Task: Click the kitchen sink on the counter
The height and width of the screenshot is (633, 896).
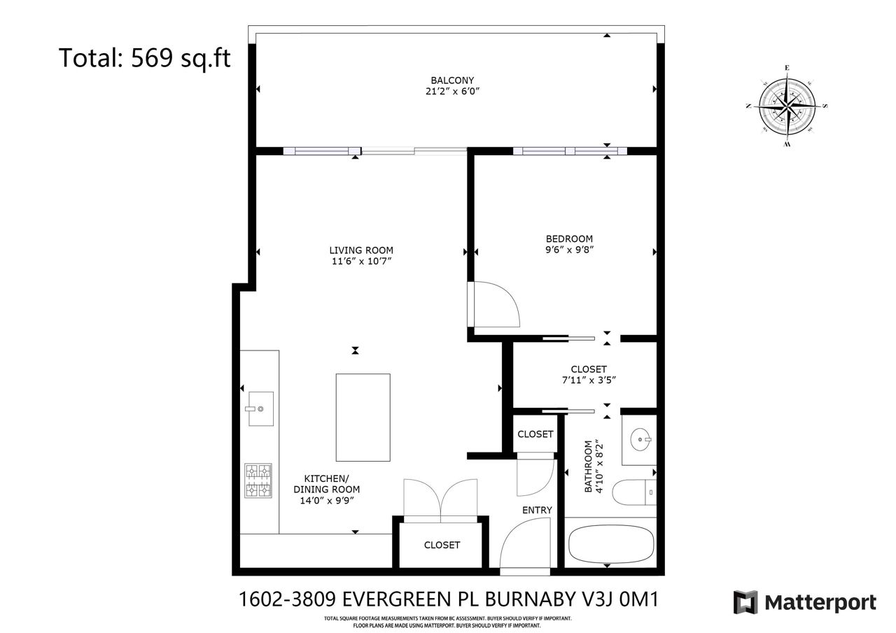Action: click(x=261, y=408)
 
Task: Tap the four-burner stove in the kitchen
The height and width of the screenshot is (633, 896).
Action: click(x=258, y=481)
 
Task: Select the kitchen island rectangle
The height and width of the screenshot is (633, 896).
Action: click(x=363, y=417)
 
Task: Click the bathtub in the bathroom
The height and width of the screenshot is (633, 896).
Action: click(x=611, y=544)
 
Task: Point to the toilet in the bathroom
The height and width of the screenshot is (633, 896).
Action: click(x=634, y=492)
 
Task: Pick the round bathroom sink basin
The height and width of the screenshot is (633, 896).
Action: click(x=640, y=439)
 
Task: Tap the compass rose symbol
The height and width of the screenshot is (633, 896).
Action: click(x=787, y=106)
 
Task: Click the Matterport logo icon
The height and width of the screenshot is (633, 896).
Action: click(x=745, y=602)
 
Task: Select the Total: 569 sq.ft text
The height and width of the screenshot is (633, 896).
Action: click(x=144, y=57)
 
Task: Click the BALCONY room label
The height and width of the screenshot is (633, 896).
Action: click(x=452, y=80)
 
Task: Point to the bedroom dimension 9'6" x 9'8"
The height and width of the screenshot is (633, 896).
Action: click(x=569, y=250)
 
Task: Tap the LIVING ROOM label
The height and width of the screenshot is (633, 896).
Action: click(x=361, y=250)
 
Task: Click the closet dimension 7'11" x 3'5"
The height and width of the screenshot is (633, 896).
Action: click(x=589, y=380)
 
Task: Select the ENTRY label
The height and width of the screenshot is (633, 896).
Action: click(x=537, y=510)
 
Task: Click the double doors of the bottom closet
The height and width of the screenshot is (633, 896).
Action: click(x=440, y=499)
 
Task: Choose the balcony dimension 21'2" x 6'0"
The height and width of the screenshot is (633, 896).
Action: click(x=452, y=92)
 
